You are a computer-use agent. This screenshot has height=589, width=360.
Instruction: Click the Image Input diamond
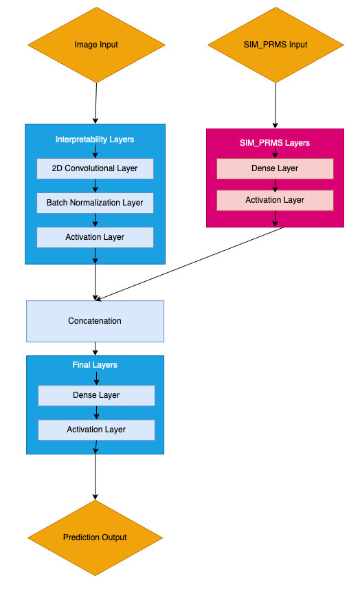pyautogui.click(x=96, y=45)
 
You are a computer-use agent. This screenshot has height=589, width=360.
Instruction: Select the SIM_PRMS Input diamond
pyautogui.click(x=275, y=45)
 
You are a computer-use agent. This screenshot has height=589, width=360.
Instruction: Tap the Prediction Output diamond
pyautogui.click(x=95, y=537)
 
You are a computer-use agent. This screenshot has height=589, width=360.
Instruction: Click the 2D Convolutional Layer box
pyautogui.click(x=95, y=168)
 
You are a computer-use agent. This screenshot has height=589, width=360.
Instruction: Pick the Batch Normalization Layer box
pyautogui.click(x=95, y=203)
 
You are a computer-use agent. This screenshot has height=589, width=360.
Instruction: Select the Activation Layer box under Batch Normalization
pyautogui.click(x=95, y=237)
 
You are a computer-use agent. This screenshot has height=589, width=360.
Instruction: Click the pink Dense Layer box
pyautogui.click(x=275, y=168)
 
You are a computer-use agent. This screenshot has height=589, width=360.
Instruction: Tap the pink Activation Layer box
pyautogui.click(x=275, y=200)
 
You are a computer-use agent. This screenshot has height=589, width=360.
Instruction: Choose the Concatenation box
pyautogui.click(x=95, y=321)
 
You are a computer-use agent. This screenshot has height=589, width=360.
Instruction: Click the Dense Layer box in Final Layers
pyautogui.click(x=96, y=396)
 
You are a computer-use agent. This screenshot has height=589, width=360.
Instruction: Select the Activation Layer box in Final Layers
pyautogui.click(x=96, y=430)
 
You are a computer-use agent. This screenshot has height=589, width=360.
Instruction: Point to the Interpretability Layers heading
pyautogui.click(x=95, y=140)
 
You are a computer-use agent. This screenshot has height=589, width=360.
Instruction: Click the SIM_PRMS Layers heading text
pyautogui.click(x=275, y=143)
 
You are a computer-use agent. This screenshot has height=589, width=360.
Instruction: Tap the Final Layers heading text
pyautogui.click(x=95, y=365)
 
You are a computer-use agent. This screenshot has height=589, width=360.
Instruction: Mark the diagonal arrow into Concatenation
pyautogui.click(x=190, y=264)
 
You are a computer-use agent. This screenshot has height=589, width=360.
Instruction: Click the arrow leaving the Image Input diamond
pyautogui.click(x=95, y=103)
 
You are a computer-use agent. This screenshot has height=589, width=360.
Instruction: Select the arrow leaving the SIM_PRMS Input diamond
pyautogui.click(x=275, y=106)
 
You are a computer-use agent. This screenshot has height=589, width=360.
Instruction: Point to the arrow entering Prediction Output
pyautogui.click(x=95, y=477)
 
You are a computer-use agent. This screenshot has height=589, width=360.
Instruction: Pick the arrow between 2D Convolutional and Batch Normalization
pyautogui.click(x=95, y=186)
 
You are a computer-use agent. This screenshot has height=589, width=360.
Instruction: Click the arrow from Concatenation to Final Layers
pyautogui.click(x=95, y=349)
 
